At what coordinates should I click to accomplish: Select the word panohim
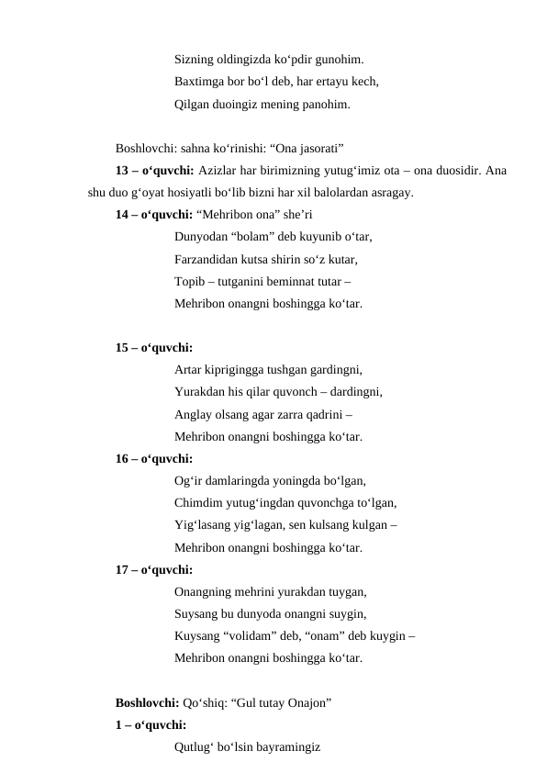tap(321, 105)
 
